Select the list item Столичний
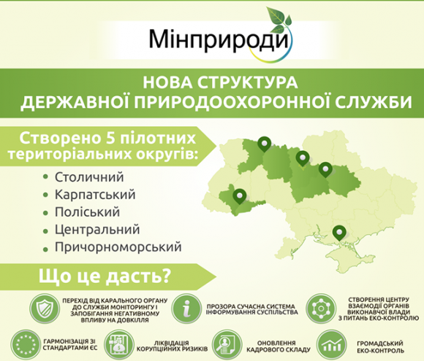[89, 177]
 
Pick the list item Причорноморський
[117, 247]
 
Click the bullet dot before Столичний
[45, 178]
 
